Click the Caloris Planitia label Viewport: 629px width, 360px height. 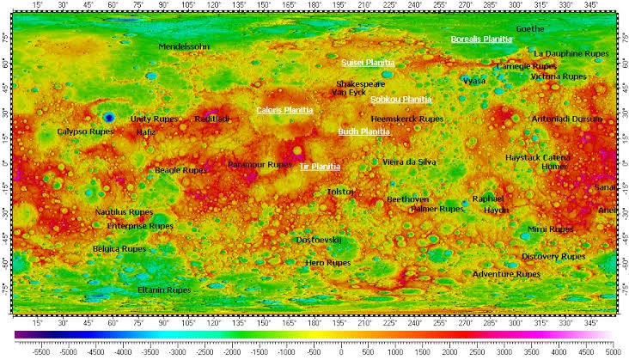tap(284, 110)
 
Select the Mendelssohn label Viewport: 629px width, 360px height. tap(183, 46)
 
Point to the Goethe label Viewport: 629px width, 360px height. tap(529, 29)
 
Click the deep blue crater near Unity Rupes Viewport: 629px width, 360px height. tap(109, 118)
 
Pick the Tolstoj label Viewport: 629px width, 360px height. tap(341, 192)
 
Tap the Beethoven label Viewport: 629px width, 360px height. tap(407, 199)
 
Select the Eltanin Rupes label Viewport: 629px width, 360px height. tap(164, 290)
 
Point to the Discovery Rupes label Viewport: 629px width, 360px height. tap(553, 256)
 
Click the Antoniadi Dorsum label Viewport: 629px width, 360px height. tap(567, 119)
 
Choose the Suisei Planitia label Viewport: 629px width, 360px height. tap(368, 63)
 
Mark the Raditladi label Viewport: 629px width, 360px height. tap(212, 119)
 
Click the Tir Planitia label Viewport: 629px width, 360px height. tap(319, 166)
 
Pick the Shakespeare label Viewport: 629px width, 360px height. tap(360, 83)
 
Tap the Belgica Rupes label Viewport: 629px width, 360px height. tap(119, 248)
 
